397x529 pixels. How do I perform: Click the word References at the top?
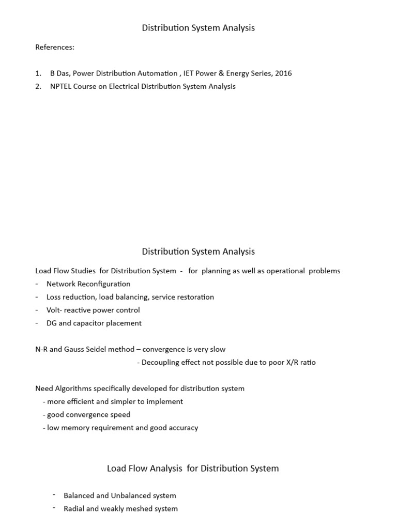tap(54, 48)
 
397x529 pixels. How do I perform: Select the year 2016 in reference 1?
tap(283, 73)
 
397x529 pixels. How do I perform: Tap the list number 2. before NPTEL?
tap(38, 86)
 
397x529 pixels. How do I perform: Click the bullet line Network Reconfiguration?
tap(88, 284)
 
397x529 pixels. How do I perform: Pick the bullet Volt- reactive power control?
tap(93, 310)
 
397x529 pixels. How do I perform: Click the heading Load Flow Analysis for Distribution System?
tap(192, 469)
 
